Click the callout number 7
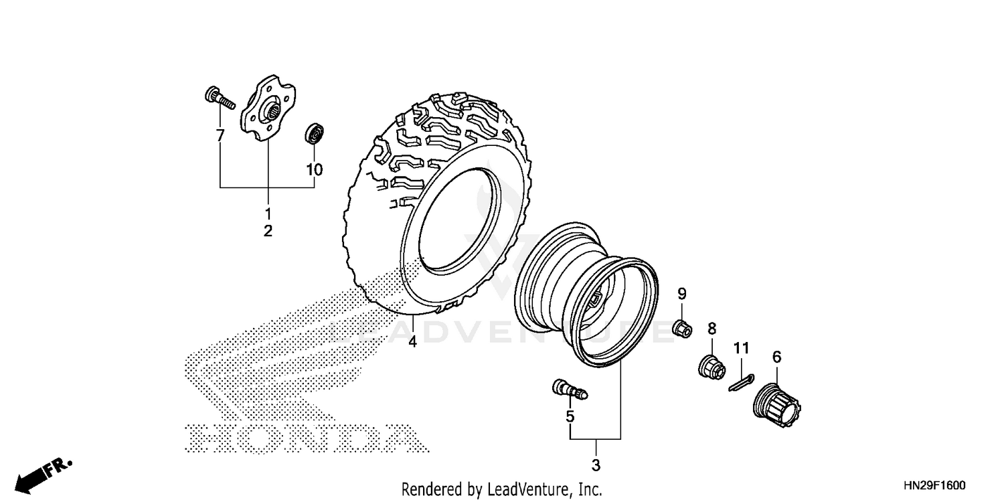tap(220, 136)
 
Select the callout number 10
tap(314, 170)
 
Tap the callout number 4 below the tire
tap(412, 341)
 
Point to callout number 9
tap(681, 293)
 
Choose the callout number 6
tap(776, 357)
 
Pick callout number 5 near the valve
tap(570, 416)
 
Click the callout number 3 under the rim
tap(596, 464)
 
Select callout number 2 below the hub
tap(268, 232)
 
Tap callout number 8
tap(712, 328)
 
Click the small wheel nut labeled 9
tap(681, 329)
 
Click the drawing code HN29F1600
tap(935, 484)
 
